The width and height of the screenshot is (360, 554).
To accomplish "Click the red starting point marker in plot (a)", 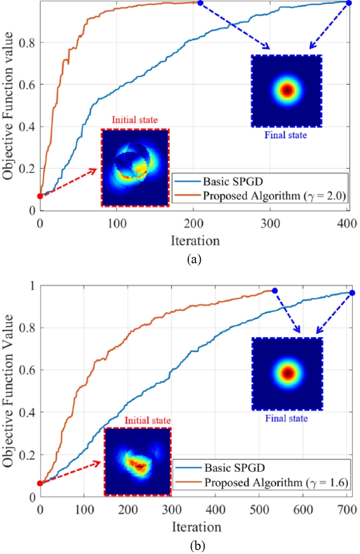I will [40, 196].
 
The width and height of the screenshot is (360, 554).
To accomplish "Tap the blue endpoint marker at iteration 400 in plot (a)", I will [349, 3].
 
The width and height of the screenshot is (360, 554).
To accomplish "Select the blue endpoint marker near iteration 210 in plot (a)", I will [200, 3].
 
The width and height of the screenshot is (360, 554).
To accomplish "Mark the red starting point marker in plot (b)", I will [40, 483].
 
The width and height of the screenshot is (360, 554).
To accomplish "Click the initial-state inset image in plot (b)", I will [137, 461].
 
